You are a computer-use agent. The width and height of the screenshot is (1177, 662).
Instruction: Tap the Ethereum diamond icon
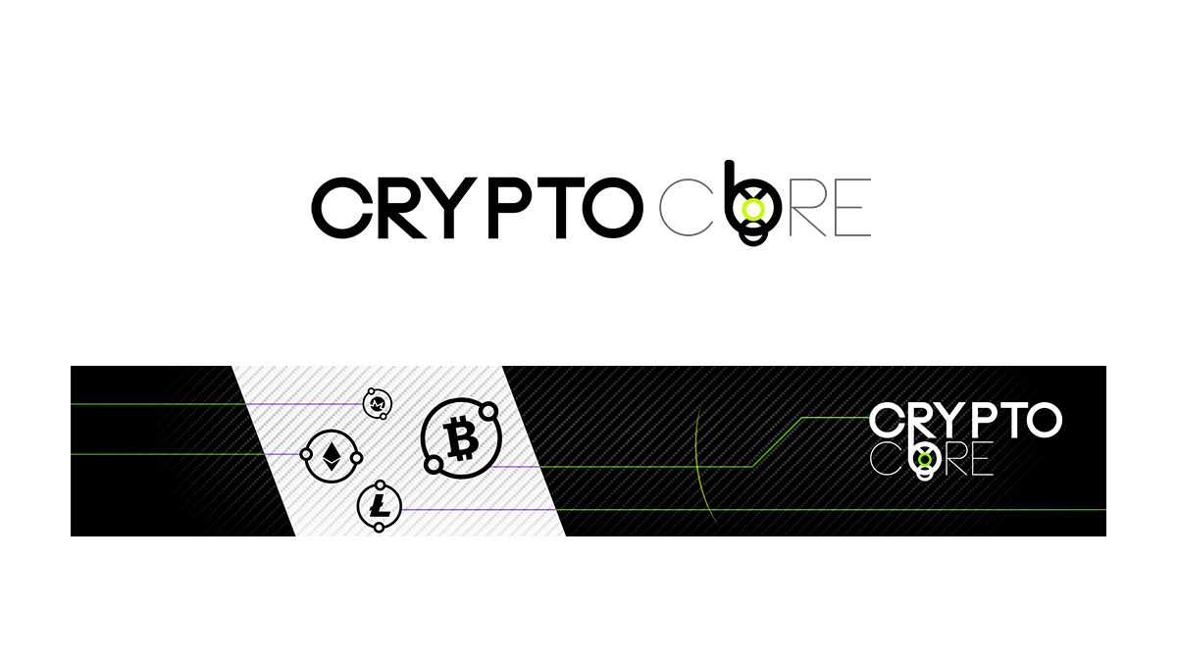coord(332,455)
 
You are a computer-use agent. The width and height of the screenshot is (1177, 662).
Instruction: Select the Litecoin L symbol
coord(379,507)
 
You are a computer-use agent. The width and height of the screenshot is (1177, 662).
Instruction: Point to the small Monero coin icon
coord(377,403)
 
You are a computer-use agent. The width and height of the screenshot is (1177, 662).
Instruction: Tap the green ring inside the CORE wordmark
coord(923,458)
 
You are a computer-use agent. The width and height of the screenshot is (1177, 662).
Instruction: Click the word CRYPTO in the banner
coord(965,421)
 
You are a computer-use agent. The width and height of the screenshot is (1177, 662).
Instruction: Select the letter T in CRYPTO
coord(1009,421)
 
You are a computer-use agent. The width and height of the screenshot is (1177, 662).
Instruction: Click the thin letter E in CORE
coord(981,460)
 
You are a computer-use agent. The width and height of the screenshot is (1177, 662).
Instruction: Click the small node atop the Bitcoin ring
coord(485,408)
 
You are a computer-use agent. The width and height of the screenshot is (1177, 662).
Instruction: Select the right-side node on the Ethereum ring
coord(357,458)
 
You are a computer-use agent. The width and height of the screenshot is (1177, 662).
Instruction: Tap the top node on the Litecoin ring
coord(380,486)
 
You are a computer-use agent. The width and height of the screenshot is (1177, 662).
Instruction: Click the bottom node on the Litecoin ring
coord(379,529)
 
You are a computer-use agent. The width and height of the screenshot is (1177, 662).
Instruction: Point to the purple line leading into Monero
coord(304,403)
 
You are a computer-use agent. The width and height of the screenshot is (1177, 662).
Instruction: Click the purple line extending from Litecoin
coord(481,510)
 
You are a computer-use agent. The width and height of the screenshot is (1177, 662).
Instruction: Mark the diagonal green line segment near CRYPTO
coord(777,441)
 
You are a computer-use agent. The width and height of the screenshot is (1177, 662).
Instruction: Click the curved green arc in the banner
coord(698,461)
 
